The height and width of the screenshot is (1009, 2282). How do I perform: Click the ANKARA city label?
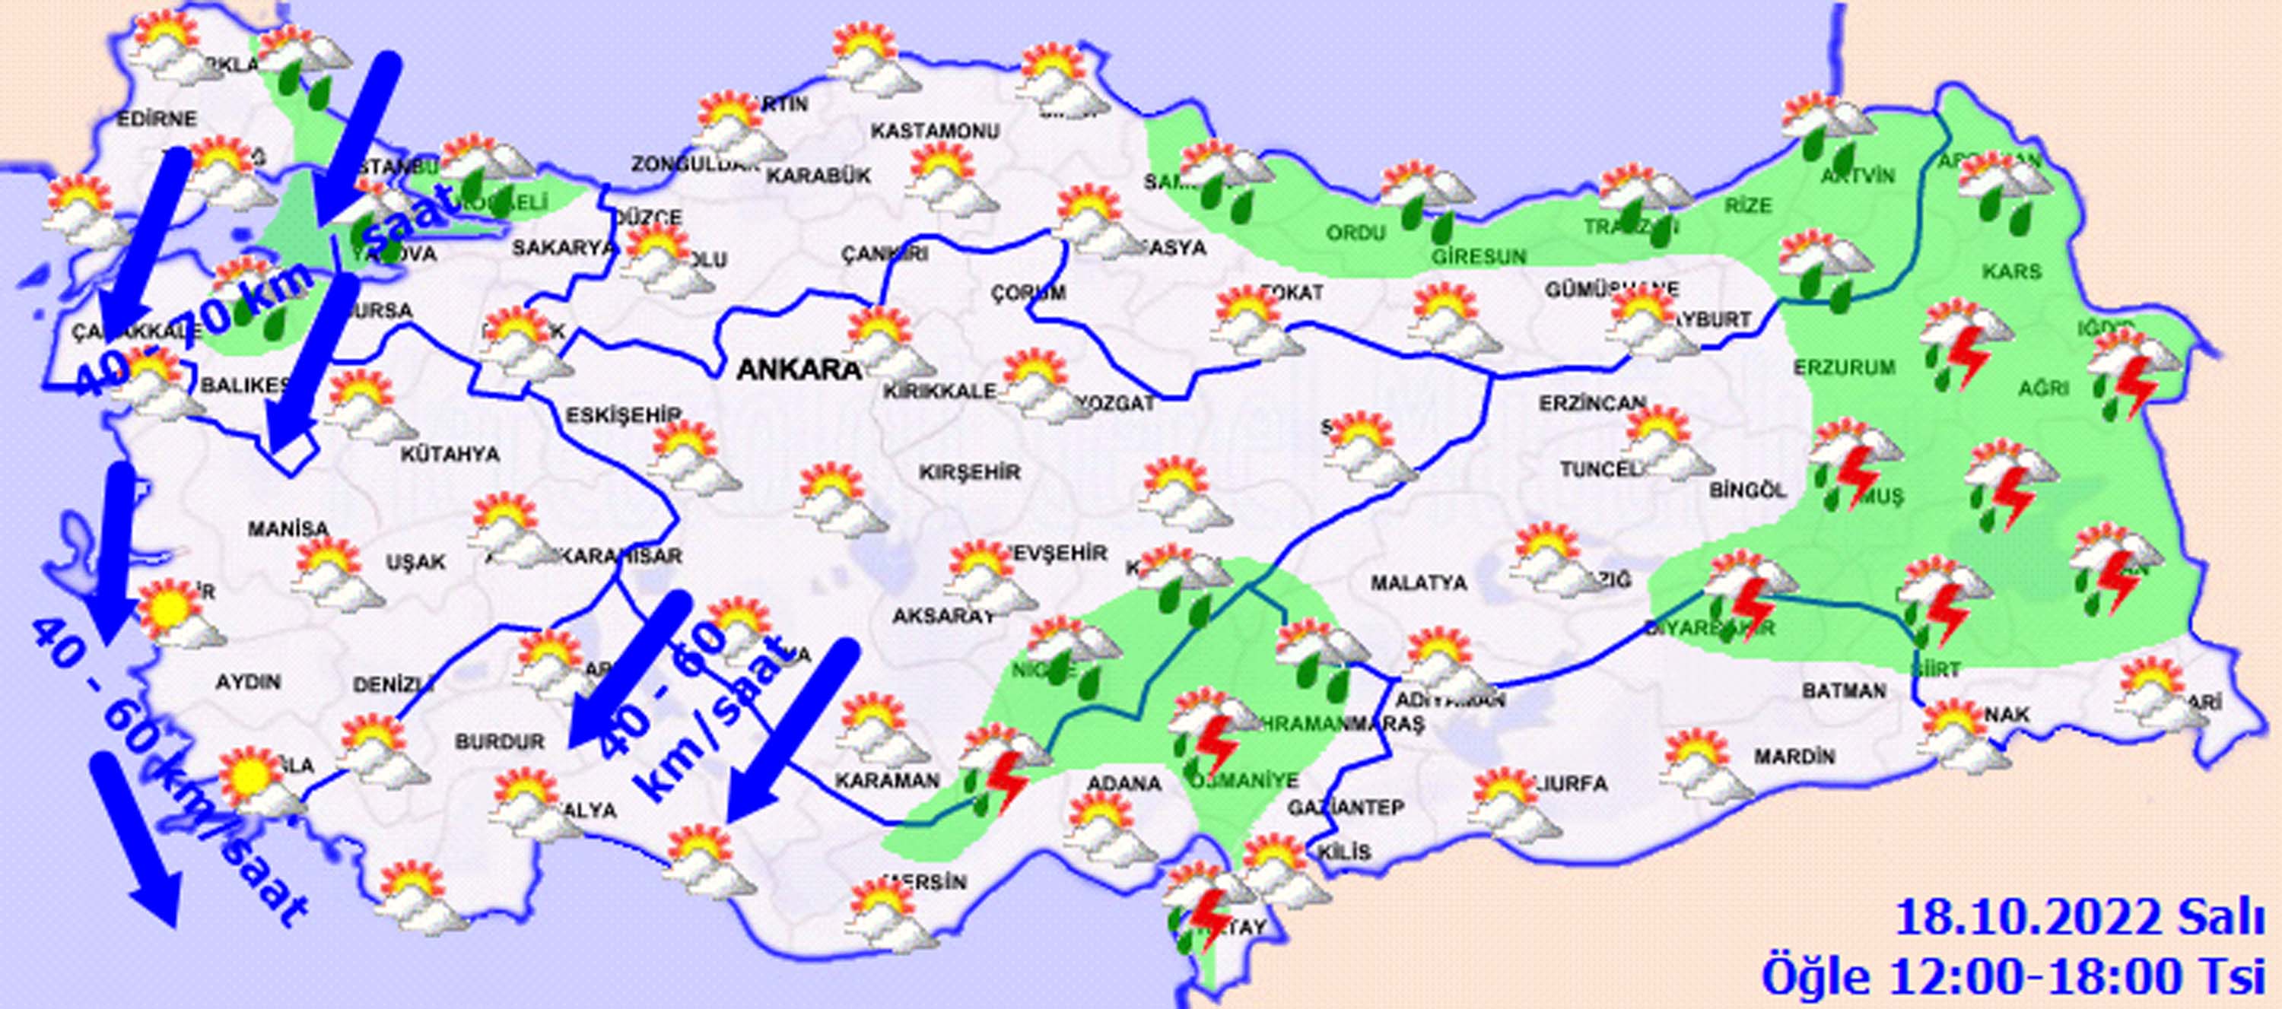(799, 370)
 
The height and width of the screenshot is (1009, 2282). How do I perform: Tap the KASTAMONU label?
(935, 131)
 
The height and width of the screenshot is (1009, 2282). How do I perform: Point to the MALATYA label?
(1419, 583)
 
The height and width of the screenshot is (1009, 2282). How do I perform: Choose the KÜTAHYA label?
(450, 455)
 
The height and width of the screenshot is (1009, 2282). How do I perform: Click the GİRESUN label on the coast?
(1479, 257)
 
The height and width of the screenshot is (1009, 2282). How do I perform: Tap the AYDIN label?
(248, 681)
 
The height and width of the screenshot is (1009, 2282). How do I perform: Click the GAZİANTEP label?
(1346, 807)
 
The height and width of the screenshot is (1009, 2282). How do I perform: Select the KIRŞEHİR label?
(969, 471)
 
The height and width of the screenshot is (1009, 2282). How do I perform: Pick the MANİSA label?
(288, 529)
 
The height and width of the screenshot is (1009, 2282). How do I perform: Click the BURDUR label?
(500, 741)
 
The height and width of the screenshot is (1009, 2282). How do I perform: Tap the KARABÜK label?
(818, 176)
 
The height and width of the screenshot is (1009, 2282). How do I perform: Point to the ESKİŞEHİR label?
(623, 414)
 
